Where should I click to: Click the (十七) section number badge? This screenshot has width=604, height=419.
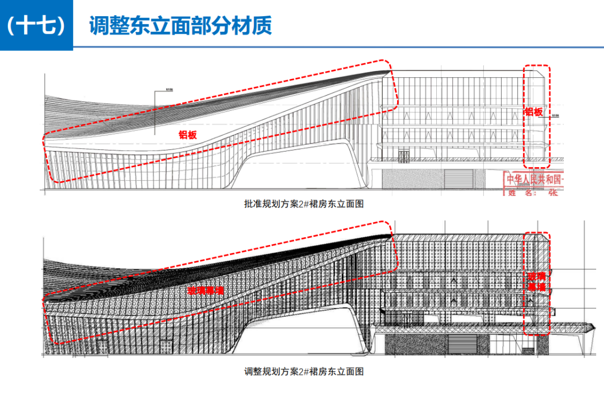pos(36,26)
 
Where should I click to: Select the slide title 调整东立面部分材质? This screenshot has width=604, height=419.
pos(180,26)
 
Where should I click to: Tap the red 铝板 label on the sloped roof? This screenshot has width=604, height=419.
pos(188,134)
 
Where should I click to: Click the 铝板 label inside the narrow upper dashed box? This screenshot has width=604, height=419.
pos(534,112)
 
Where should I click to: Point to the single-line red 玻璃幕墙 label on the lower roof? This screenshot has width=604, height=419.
pos(205,291)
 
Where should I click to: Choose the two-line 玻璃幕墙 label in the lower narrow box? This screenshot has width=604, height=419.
pos(537,281)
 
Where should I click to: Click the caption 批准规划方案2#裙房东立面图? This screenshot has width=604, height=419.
pos(304,204)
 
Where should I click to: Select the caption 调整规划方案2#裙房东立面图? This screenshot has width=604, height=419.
pos(304,371)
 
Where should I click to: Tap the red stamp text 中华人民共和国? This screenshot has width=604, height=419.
pos(534,180)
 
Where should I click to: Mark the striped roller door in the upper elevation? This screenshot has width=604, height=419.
pos(458,179)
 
